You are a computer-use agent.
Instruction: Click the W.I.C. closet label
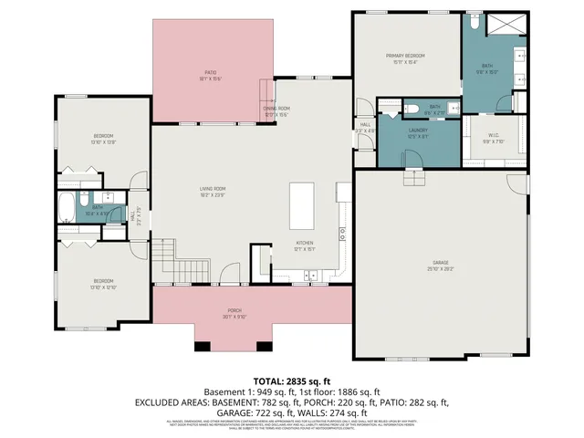(493, 138)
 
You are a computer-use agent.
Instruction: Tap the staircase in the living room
(165, 250)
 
